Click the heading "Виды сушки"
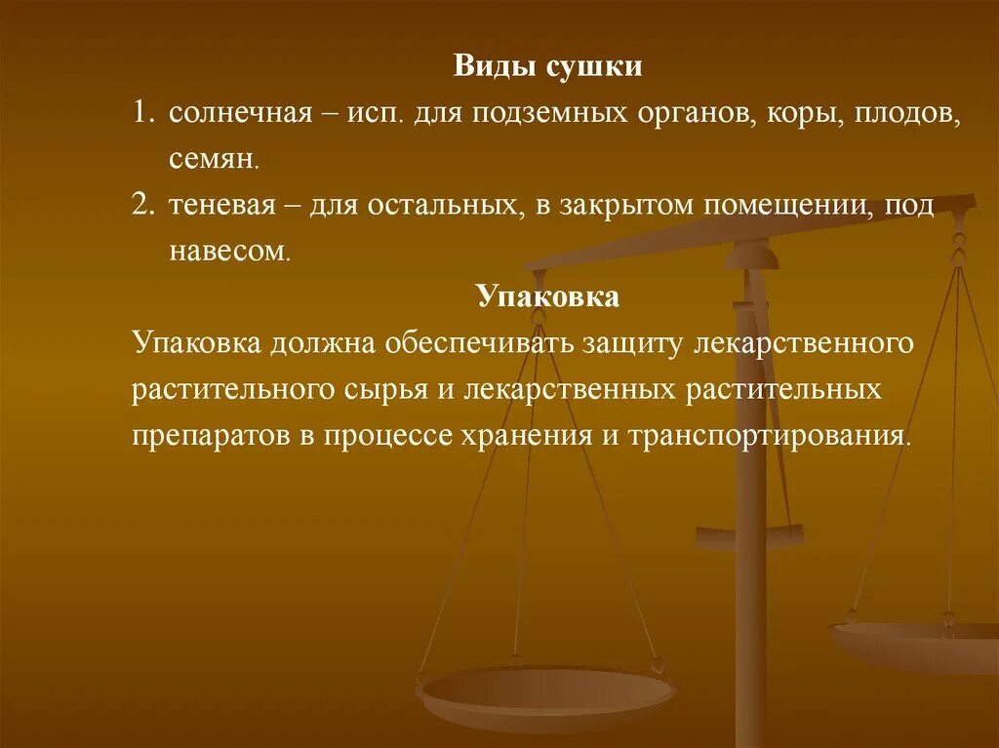pos(547,67)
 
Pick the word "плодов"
pos(908,114)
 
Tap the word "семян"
pos(213,157)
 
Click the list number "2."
pos(144,206)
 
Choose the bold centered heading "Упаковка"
pos(547,296)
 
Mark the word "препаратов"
pos(212,435)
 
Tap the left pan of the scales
pos(545,694)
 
